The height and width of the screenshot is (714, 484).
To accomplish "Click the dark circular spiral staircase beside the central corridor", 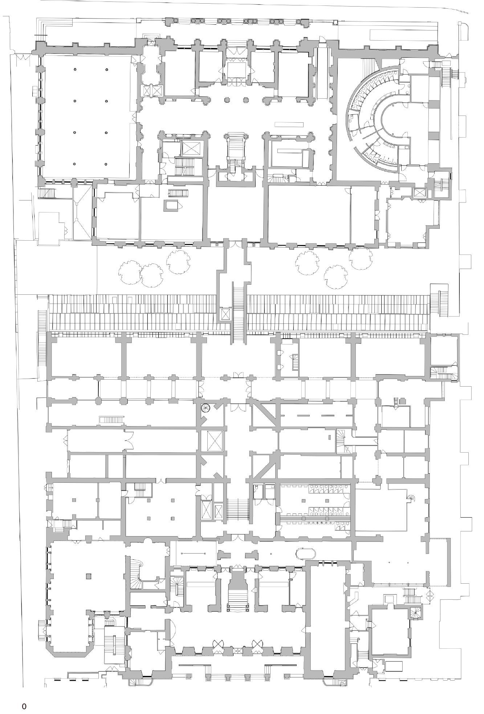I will click(206, 408).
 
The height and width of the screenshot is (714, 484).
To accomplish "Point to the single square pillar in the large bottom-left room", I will click(89, 576).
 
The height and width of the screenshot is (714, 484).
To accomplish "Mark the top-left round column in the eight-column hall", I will click(75, 70).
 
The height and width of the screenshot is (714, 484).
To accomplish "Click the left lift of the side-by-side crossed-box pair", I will click(147, 90).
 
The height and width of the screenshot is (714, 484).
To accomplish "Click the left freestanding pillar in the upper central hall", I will click(227, 99).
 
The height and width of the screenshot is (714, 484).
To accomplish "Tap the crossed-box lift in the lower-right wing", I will click(415, 613).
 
